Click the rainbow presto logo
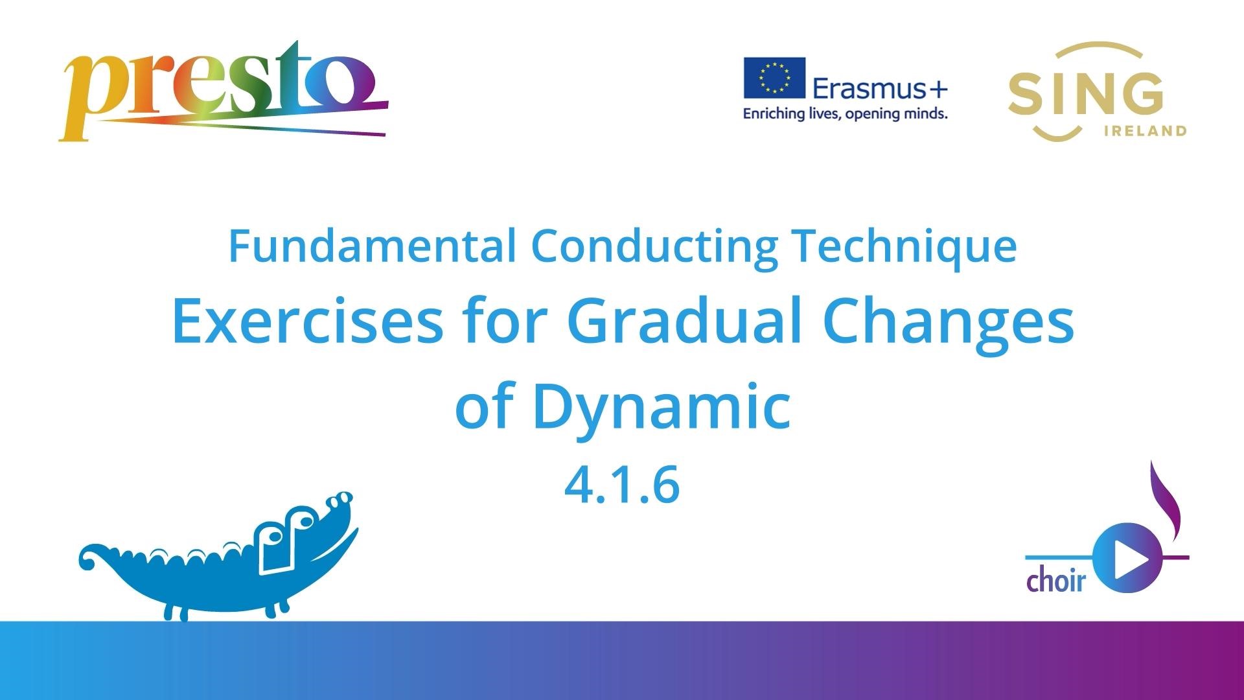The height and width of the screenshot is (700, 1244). point(224,91)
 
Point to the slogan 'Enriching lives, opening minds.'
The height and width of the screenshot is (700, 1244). point(845,114)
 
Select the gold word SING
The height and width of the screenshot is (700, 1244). point(1085,94)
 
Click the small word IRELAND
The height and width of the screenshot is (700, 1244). point(1144,131)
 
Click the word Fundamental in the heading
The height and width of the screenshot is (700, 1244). point(373,246)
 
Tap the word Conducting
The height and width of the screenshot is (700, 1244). point(654,247)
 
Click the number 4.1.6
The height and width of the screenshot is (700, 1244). point(622,485)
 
